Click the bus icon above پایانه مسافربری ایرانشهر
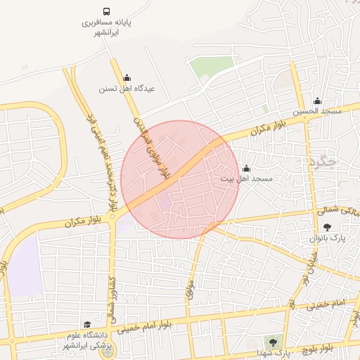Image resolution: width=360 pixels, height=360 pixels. (x=106, y=12)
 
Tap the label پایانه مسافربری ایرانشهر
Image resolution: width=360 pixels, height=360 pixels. (x=107, y=27)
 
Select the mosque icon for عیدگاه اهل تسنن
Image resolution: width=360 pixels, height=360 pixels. (x=127, y=78)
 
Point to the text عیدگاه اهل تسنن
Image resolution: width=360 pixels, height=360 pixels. (x=127, y=89)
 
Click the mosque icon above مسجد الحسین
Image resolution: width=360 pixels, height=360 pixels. (x=317, y=101)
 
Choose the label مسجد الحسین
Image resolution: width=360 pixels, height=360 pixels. (x=317, y=112)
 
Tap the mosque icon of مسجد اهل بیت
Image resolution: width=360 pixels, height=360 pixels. (x=246, y=169)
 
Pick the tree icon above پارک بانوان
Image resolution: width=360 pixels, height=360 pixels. (x=328, y=227)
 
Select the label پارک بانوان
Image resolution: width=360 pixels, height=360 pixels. (x=328, y=239)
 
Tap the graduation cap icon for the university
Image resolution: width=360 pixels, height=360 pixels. (x=87, y=325)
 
